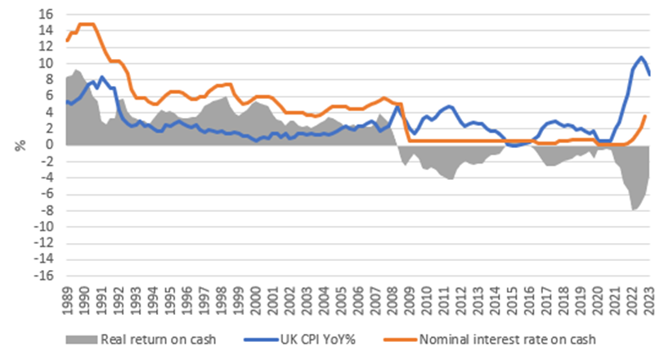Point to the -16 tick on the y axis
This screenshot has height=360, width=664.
pos(46,275)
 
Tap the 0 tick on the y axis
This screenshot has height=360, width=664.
pos(51,145)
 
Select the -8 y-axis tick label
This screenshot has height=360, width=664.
pos(48,210)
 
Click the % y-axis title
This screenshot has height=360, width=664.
pos(17,145)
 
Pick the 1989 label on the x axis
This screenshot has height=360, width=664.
pos(66,300)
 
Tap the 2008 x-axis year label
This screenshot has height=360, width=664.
pos(392,300)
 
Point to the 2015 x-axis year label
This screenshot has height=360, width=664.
pos(511,300)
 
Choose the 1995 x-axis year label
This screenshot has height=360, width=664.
pos(169,300)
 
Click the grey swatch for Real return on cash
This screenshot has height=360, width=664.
pos(83,338)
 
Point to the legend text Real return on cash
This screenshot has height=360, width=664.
pos(158,338)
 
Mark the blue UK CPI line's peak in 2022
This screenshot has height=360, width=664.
pos(642,57)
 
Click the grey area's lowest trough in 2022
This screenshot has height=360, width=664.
pos(634,210)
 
